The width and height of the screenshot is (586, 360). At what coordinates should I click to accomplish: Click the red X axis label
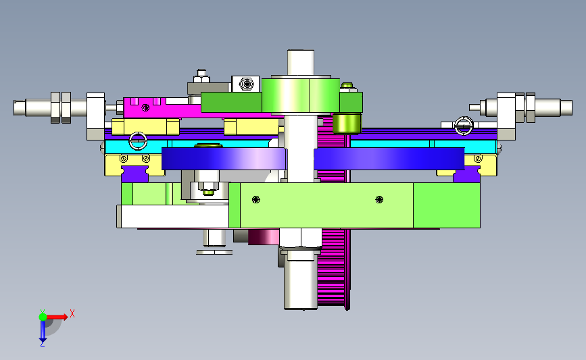click(72, 313)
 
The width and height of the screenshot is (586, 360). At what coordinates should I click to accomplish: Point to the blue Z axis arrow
click(43, 331)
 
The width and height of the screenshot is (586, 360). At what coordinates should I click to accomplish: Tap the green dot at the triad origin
click(43, 317)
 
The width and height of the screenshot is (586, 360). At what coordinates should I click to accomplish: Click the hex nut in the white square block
click(246, 84)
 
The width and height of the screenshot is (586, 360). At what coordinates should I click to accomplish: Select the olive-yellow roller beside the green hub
click(347, 124)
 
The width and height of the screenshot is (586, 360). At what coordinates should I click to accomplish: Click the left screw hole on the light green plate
click(255, 200)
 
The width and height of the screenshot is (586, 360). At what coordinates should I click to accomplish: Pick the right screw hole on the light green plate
click(379, 200)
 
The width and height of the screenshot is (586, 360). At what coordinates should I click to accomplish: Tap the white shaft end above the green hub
click(301, 63)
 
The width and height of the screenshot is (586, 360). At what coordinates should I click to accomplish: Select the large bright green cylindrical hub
click(301, 95)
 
